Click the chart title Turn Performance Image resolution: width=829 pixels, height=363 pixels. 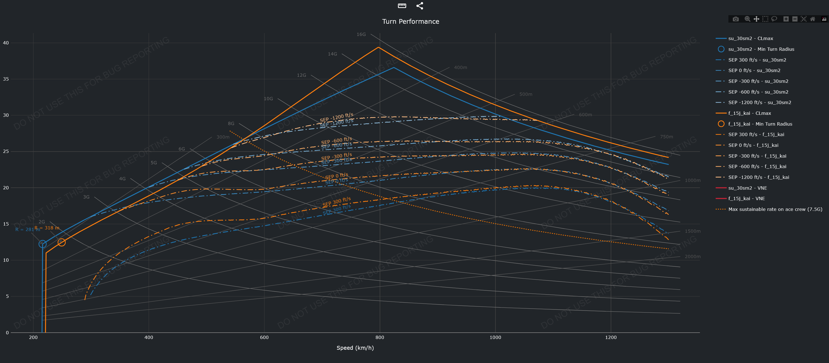tap(410, 22)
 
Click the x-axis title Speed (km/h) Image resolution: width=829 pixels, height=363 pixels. tap(355, 348)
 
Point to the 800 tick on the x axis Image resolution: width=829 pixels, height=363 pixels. tap(380, 337)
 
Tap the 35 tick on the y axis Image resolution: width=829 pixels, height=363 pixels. tap(6, 79)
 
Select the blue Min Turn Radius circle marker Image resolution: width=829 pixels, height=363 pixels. tap(42, 244)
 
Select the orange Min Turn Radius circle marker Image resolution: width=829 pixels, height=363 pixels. tap(61, 242)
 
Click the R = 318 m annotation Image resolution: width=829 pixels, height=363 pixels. tap(47, 228)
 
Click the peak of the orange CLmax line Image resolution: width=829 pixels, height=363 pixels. tap(379, 47)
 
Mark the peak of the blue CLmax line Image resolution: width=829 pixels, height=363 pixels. tap(393, 68)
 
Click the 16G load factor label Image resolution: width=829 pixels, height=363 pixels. tap(361, 35)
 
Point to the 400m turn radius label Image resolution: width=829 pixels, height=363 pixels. tap(460, 68)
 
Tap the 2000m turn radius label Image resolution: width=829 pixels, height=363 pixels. tap(692, 256)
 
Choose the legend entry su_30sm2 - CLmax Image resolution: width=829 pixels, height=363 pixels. tap(750, 39)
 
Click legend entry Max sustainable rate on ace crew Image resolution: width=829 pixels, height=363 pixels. tap(775, 209)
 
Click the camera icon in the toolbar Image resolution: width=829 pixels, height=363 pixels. tap(735, 19)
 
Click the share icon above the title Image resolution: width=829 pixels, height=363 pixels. tap(420, 6)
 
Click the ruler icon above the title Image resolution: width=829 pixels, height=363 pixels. tap(402, 6)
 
